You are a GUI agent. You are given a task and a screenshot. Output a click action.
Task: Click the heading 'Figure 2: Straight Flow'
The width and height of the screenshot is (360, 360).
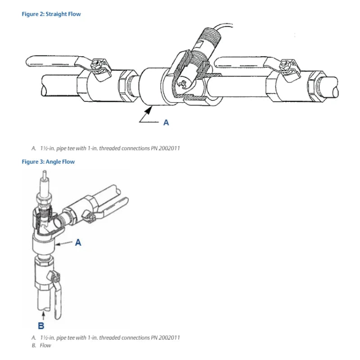click(51, 14)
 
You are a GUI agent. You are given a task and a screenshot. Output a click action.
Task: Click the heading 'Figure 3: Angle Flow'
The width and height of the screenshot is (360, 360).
click(48, 162)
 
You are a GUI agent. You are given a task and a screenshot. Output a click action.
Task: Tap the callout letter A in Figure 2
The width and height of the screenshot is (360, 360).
click(166, 122)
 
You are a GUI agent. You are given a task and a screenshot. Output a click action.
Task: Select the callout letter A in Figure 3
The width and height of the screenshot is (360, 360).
click(78, 243)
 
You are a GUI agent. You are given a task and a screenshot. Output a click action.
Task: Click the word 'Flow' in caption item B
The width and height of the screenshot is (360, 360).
click(45, 346)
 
